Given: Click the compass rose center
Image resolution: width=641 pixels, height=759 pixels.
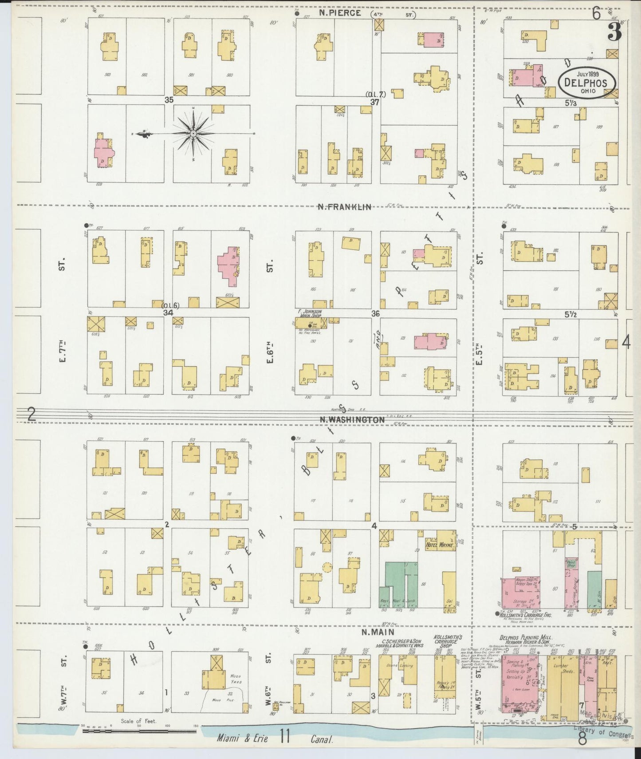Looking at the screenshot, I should pos(193,133).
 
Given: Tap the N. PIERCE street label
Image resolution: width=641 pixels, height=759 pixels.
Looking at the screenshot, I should pos(340,13).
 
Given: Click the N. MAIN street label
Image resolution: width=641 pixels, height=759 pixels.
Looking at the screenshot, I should pos(378,632).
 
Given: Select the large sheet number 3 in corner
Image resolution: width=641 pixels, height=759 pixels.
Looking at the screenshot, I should pos(614,32).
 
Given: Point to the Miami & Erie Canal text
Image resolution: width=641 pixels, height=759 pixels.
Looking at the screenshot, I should pos(275,739).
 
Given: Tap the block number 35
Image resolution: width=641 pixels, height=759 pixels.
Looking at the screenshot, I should pos(169,100).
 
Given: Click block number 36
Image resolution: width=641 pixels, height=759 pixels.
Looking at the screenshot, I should pos(375,313).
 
